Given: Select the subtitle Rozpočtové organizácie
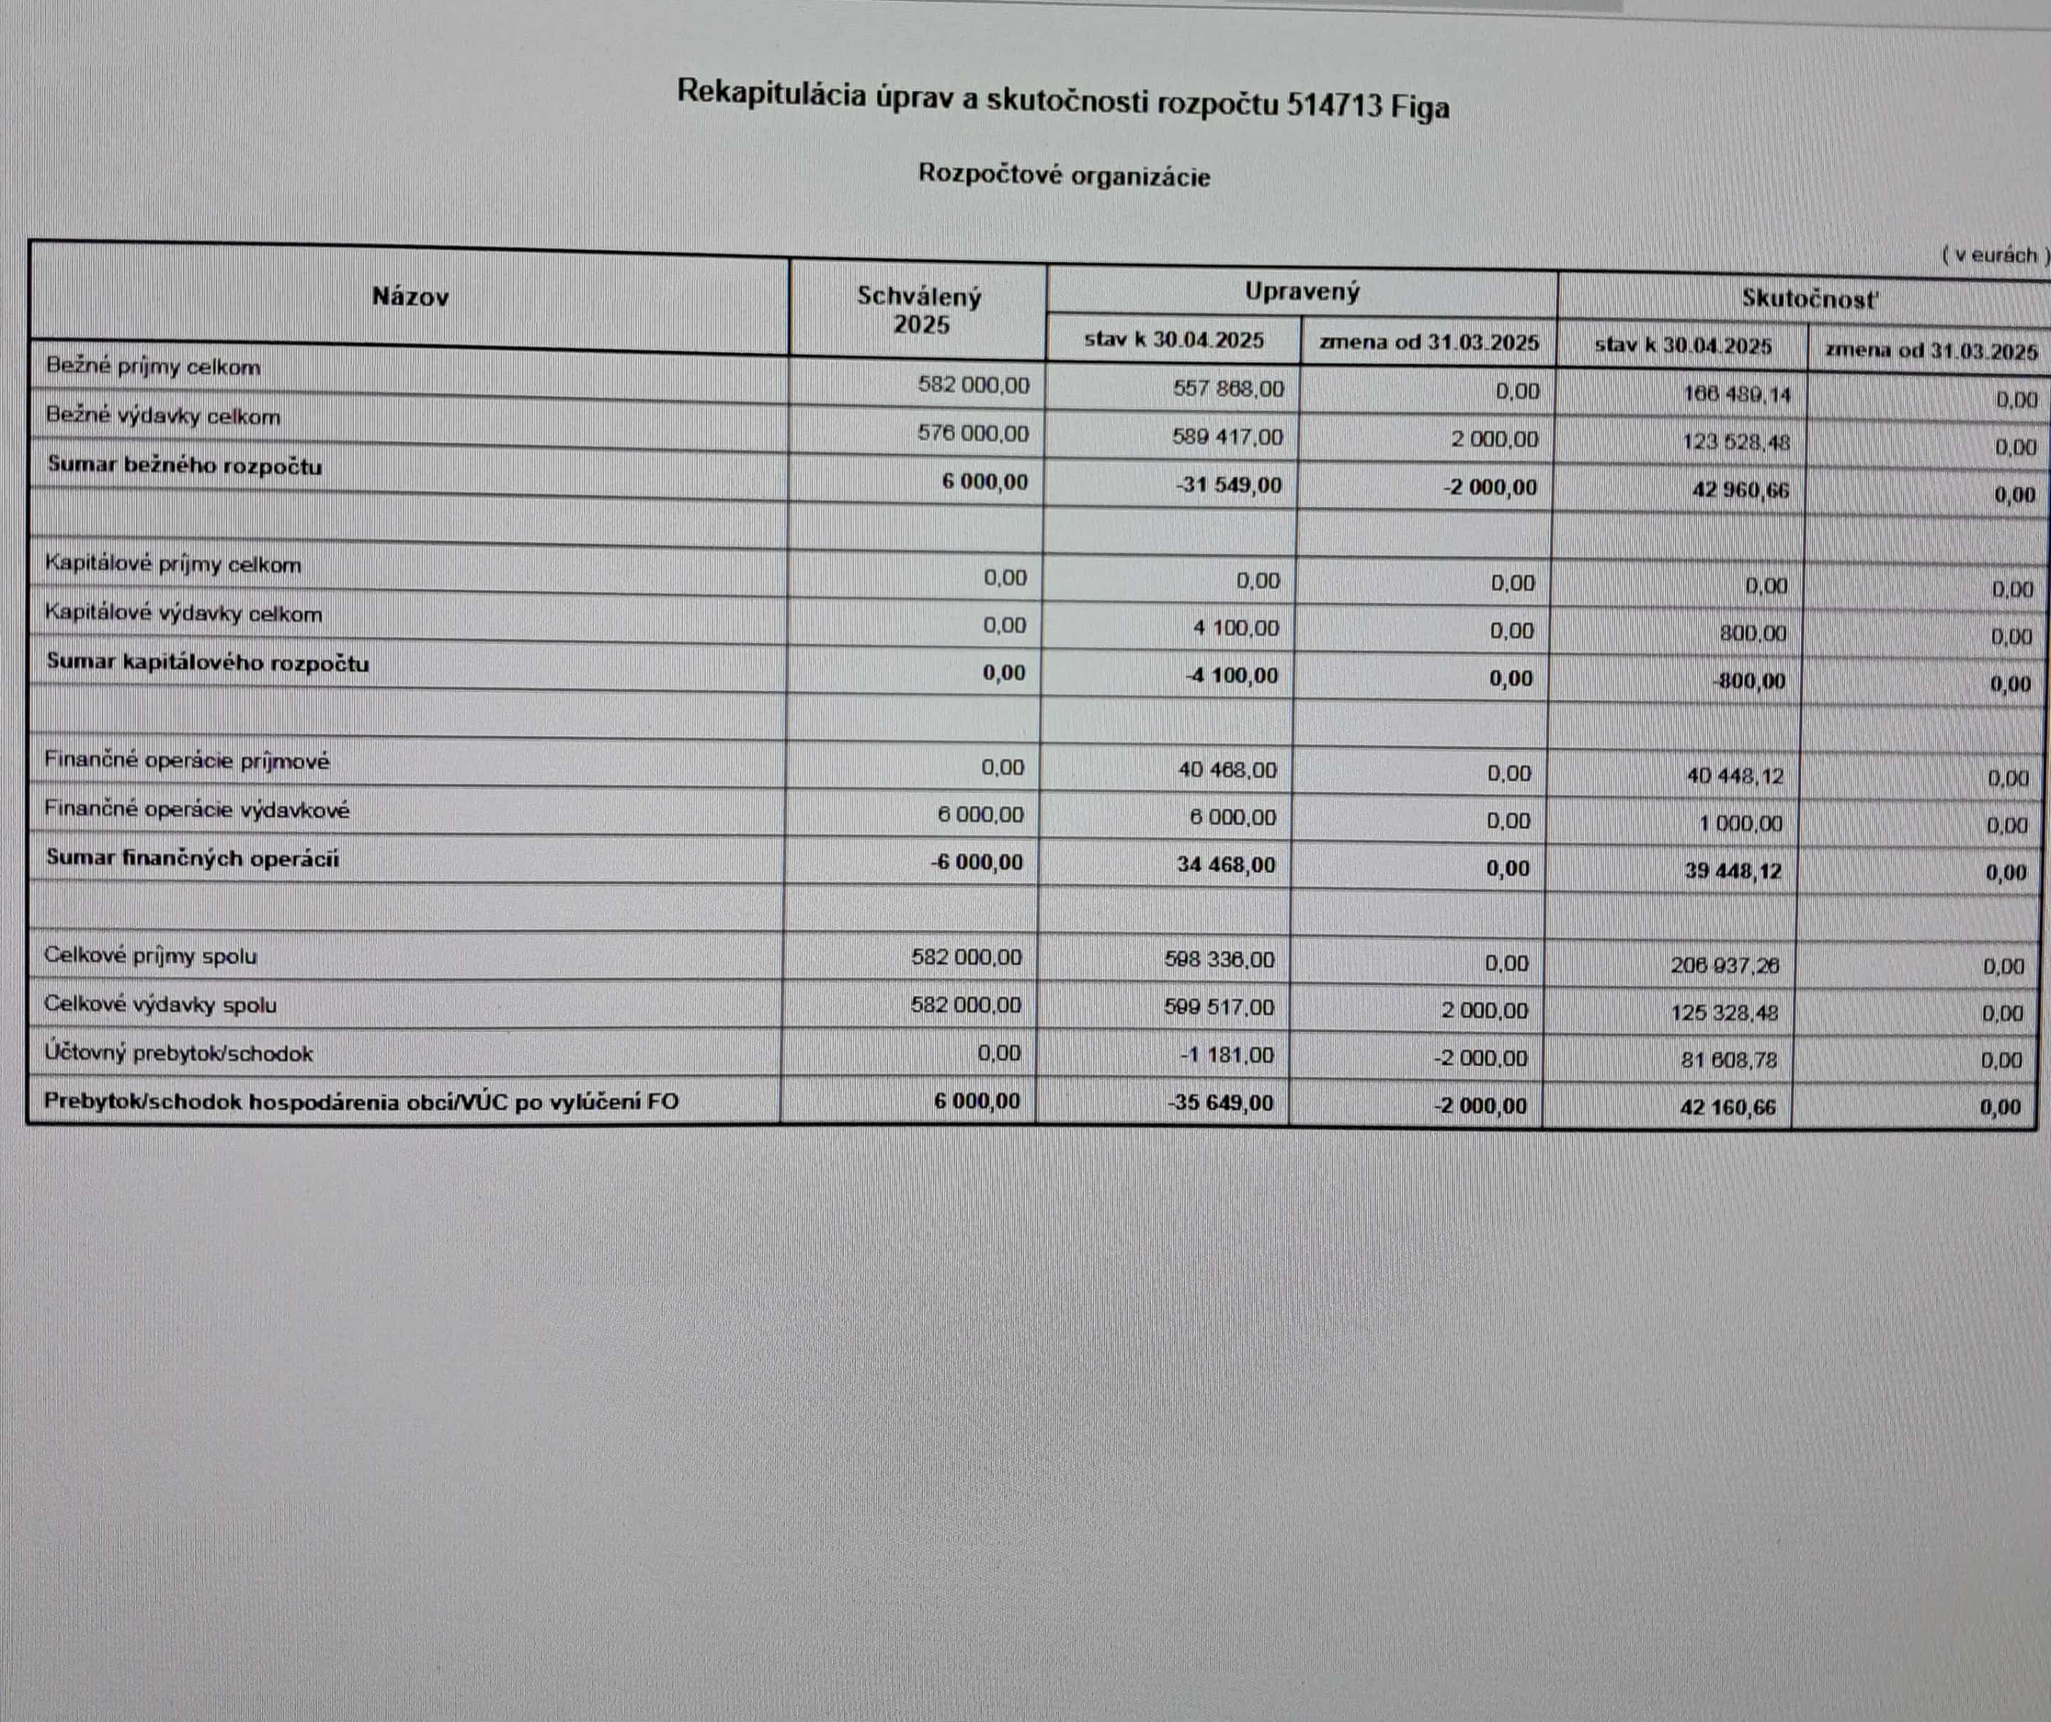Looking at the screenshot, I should (x=1063, y=176).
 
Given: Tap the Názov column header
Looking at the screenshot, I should (x=410, y=297).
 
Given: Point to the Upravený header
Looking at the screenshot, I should (x=1302, y=291).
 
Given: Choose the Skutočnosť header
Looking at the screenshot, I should (x=1809, y=299).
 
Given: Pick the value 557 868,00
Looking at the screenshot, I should (x=1228, y=389).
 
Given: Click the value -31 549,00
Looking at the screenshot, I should (x=1230, y=486).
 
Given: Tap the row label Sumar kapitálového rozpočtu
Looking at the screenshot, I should (x=208, y=663).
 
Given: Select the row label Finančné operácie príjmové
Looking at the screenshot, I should (x=187, y=761).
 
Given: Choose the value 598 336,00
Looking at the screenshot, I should (x=1219, y=960).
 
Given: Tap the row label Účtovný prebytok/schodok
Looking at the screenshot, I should (x=179, y=1054).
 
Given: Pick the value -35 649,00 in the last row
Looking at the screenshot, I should (x=1220, y=1104).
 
